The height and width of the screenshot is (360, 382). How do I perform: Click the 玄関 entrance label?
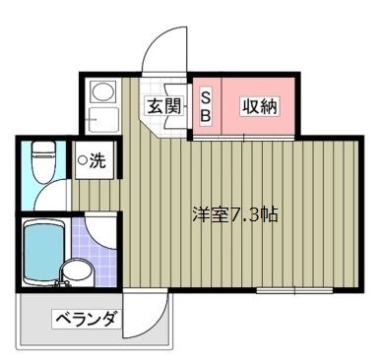163,106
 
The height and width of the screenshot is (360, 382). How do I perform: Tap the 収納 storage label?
260,106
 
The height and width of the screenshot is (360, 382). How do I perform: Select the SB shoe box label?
205,107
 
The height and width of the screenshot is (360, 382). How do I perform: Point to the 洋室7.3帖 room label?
235,214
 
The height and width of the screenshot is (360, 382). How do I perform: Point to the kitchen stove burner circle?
102,90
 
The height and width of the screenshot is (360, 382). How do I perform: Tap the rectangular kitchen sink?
103,119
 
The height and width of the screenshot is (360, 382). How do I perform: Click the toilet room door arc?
46,190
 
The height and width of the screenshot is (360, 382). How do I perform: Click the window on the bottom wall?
294,290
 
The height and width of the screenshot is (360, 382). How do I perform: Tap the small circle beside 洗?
83,160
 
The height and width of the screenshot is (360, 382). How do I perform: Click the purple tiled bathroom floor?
94,251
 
